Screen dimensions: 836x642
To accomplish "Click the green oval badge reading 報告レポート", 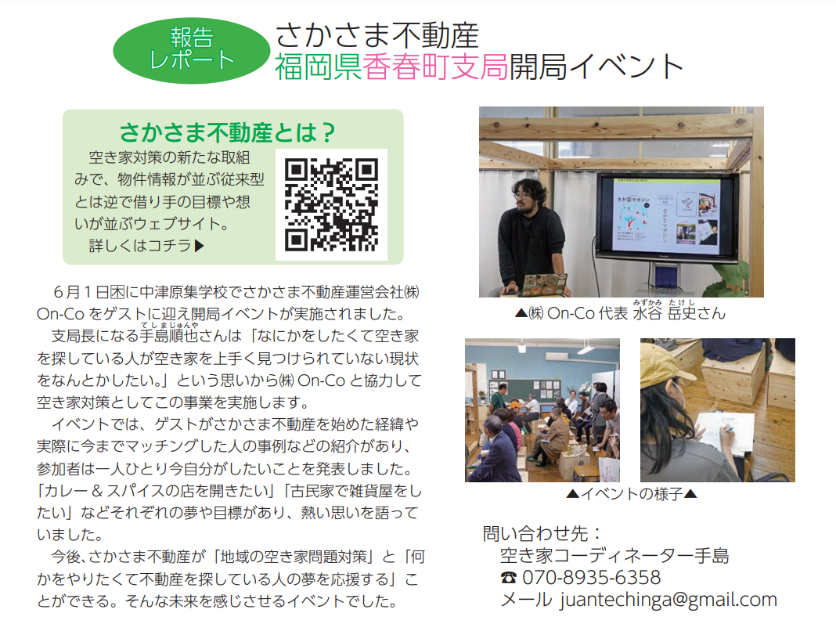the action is (x=192, y=51).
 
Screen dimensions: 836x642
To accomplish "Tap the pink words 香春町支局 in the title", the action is (x=435, y=67).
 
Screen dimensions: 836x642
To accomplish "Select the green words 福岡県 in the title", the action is (x=319, y=67).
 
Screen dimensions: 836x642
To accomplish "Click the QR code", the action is (x=331, y=204).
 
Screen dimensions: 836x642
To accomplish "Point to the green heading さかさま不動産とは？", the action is (x=227, y=132).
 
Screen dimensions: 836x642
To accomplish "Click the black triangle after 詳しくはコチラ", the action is (x=200, y=246).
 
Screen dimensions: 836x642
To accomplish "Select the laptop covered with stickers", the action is (x=543, y=284).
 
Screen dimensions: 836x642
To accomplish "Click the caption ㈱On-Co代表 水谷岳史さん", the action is (x=620, y=312).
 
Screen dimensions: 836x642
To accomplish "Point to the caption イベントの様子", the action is (x=632, y=494).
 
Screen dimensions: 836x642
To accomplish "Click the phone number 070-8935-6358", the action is (x=591, y=578).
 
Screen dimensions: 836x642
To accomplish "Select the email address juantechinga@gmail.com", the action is (x=668, y=600).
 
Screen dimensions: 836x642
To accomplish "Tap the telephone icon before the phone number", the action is (x=509, y=578).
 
